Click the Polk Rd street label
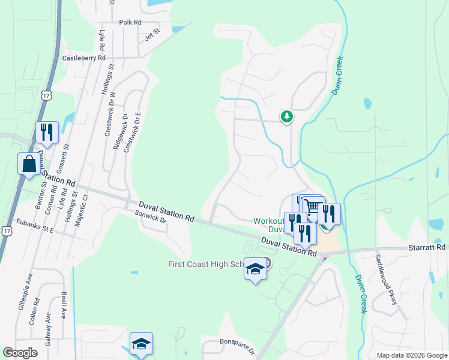coord(130,22)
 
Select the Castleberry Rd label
coord(84,58)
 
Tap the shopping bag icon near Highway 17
coord(29,164)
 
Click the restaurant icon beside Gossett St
coord(47,133)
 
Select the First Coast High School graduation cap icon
coord(255,269)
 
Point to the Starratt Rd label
coord(432,247)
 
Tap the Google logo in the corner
coord(20,353)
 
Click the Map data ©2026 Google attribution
coord(411,355)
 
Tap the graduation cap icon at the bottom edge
coord(141,344)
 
